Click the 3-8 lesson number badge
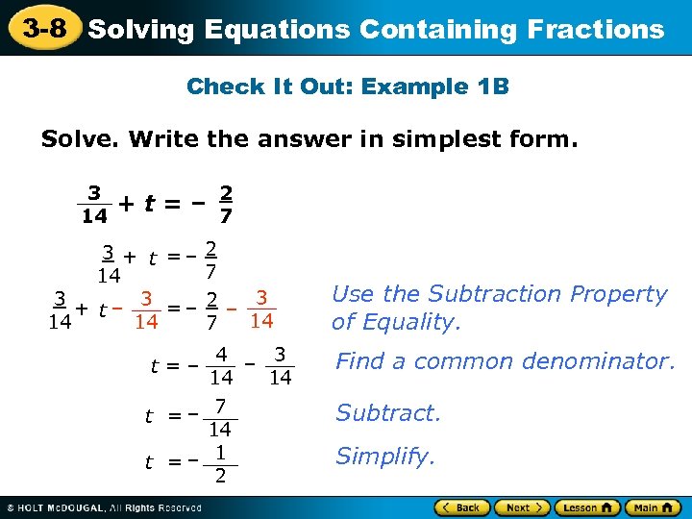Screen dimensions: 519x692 (45, 29)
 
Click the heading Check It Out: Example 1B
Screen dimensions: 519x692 (347, 86)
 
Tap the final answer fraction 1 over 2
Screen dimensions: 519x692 (220, 463)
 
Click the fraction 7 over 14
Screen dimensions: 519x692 (220, 416)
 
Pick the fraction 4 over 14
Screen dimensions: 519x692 (221, 366)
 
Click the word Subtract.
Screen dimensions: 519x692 (387, 413)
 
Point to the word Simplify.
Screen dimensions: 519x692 (384, 456)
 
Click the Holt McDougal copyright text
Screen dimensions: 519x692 (106, 507)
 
